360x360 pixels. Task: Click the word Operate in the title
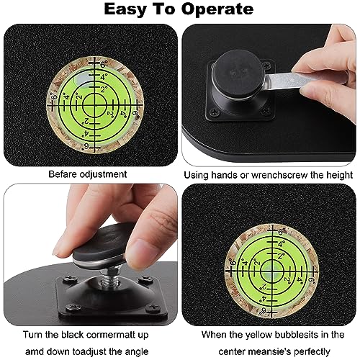pos(217,9)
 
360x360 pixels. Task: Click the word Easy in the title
pos(125,9)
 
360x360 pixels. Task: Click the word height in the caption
pos(339,175)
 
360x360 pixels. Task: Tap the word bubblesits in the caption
pos(297,335)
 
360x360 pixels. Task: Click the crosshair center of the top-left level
pos(95,105)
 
